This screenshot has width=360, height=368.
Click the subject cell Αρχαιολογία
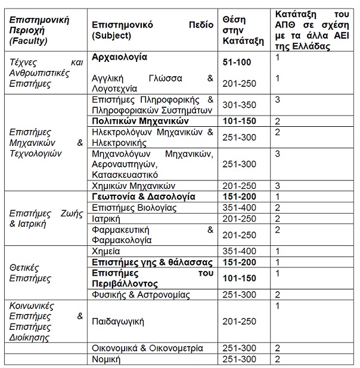pos(119,58)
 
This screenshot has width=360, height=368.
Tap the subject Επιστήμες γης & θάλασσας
pos(143,261)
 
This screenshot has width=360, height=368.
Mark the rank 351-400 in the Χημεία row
pos(237,251)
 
